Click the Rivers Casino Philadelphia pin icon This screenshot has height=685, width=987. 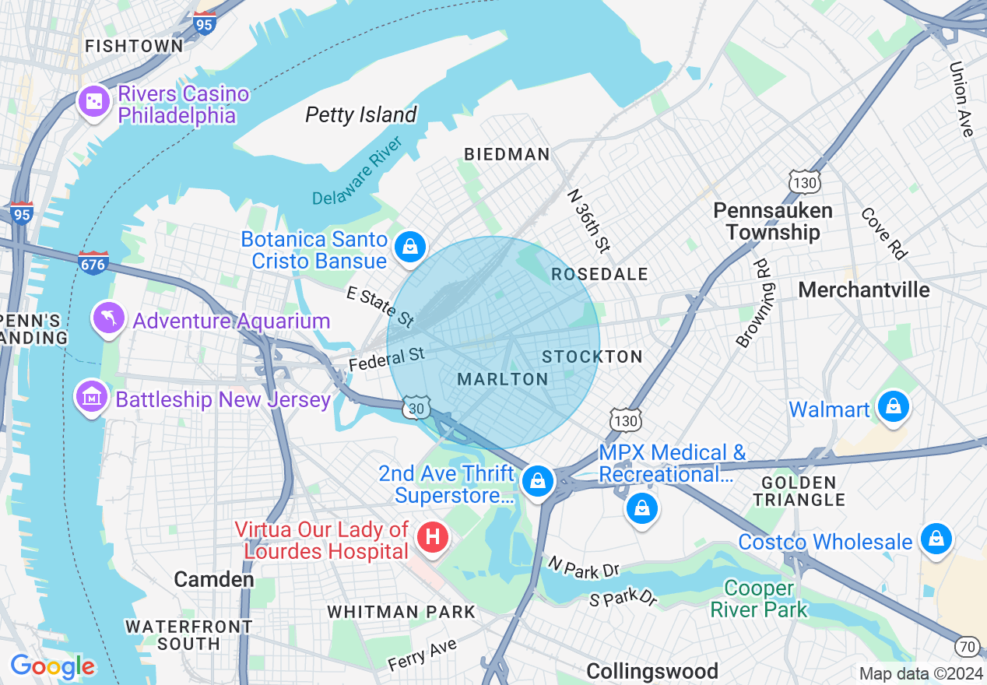(93, 102)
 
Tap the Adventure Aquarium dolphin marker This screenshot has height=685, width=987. (109, 318)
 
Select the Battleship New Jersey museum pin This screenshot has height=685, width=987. (92, 398)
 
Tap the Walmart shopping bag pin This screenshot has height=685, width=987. (893, 407)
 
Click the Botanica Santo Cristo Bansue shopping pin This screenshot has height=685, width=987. (409, 248)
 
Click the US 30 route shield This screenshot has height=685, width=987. (416, 407)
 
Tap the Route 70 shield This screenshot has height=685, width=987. (967, 645)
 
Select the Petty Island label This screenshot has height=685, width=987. (361, 115)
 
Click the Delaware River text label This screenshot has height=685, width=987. (357, 172)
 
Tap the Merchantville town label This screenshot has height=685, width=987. (864, 290)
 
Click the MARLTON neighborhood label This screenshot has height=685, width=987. (503, 379)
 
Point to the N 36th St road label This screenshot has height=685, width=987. (588, 220)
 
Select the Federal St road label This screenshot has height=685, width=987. (386, 359)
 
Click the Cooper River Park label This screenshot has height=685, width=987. (759, 599)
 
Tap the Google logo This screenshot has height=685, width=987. (52, 666)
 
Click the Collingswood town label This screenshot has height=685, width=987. (652, 671)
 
